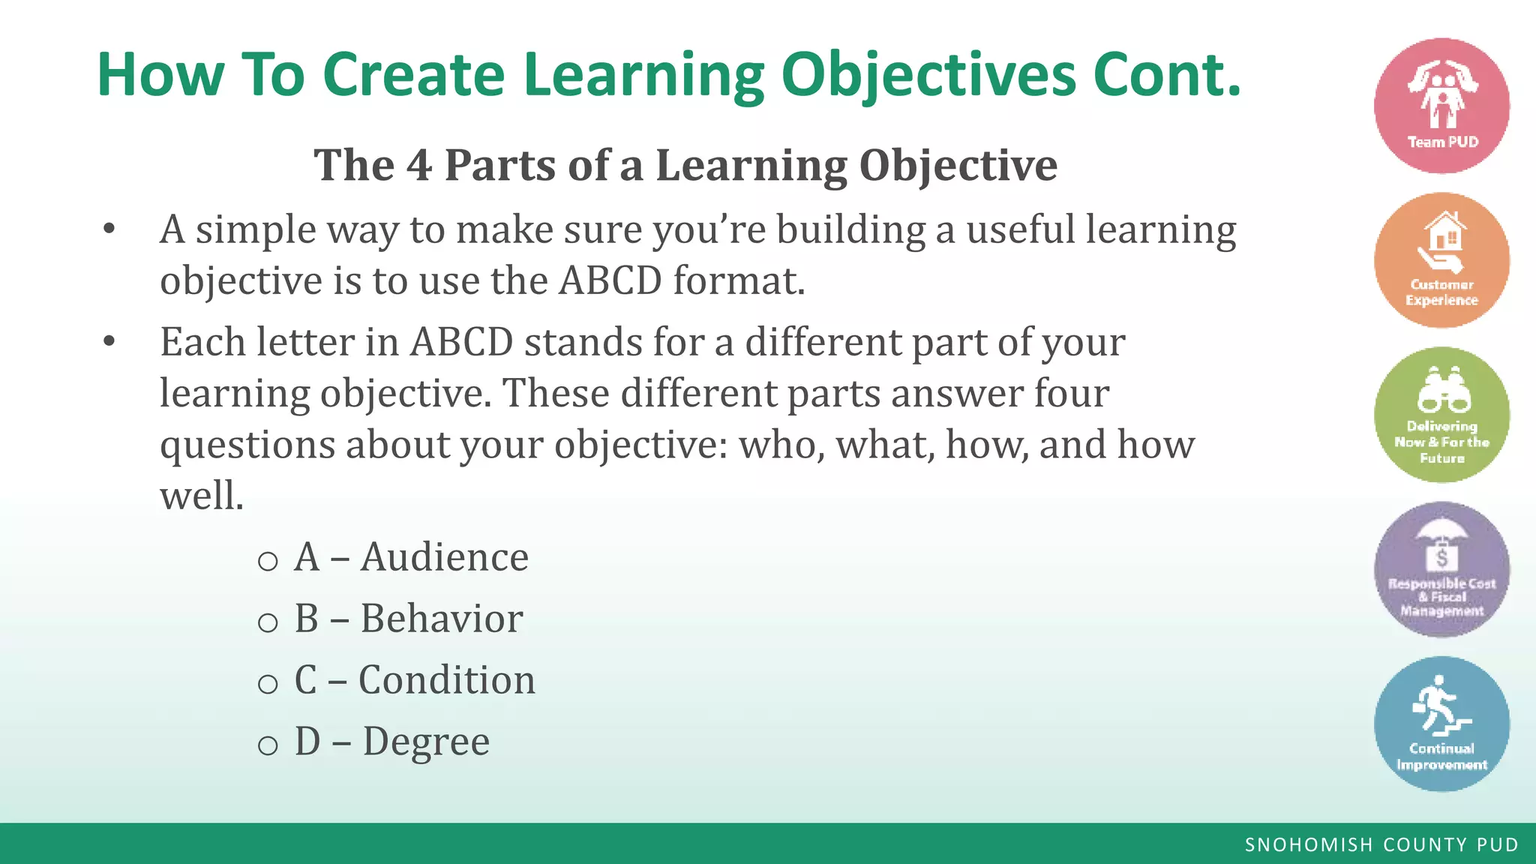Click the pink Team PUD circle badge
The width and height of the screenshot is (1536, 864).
1441,106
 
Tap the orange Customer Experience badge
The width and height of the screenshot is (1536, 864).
1441,260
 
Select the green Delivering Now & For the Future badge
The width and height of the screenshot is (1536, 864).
1441,415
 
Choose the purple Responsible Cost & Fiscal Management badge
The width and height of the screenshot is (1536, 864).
1441,569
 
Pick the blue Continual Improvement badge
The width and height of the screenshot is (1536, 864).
1441,724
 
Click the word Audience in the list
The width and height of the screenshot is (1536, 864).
444,557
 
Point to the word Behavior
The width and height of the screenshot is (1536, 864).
441,619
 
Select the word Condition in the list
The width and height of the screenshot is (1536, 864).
447,680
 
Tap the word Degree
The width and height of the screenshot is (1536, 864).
426,742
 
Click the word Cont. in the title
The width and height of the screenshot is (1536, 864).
1167,75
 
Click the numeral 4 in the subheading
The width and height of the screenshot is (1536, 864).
419,165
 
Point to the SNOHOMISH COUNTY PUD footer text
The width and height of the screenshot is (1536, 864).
1381,844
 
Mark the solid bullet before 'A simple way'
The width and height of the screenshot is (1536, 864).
109,229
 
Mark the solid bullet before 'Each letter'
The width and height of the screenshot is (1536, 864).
109,341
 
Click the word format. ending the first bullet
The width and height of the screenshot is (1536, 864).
739,280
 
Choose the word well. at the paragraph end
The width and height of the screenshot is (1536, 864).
202,496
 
